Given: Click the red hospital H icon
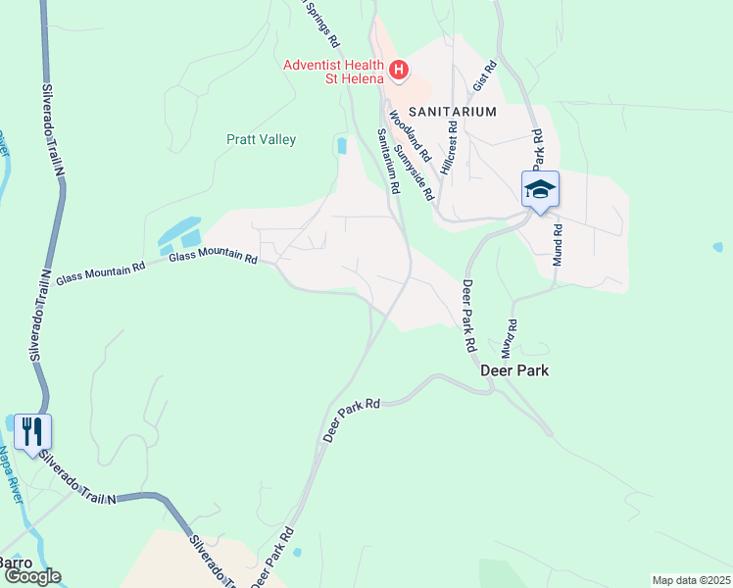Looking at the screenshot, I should [399, 69].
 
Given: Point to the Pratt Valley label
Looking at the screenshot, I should [261, 139].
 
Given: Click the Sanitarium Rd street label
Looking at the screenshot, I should [389, 161].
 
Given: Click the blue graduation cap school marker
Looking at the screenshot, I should [540, 188].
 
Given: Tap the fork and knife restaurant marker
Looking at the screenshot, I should [32, 431].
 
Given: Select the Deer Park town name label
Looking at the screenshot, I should [514, 371].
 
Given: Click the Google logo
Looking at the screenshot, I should [32, 576].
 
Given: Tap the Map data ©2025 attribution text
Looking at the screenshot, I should [691, 580].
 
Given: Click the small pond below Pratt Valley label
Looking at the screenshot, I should [341, 146].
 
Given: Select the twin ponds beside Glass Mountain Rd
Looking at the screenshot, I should [180, 235].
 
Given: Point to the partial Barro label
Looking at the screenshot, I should [16, 563].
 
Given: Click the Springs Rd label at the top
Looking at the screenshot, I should [319, 22].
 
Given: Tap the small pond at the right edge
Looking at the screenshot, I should [717, 247].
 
